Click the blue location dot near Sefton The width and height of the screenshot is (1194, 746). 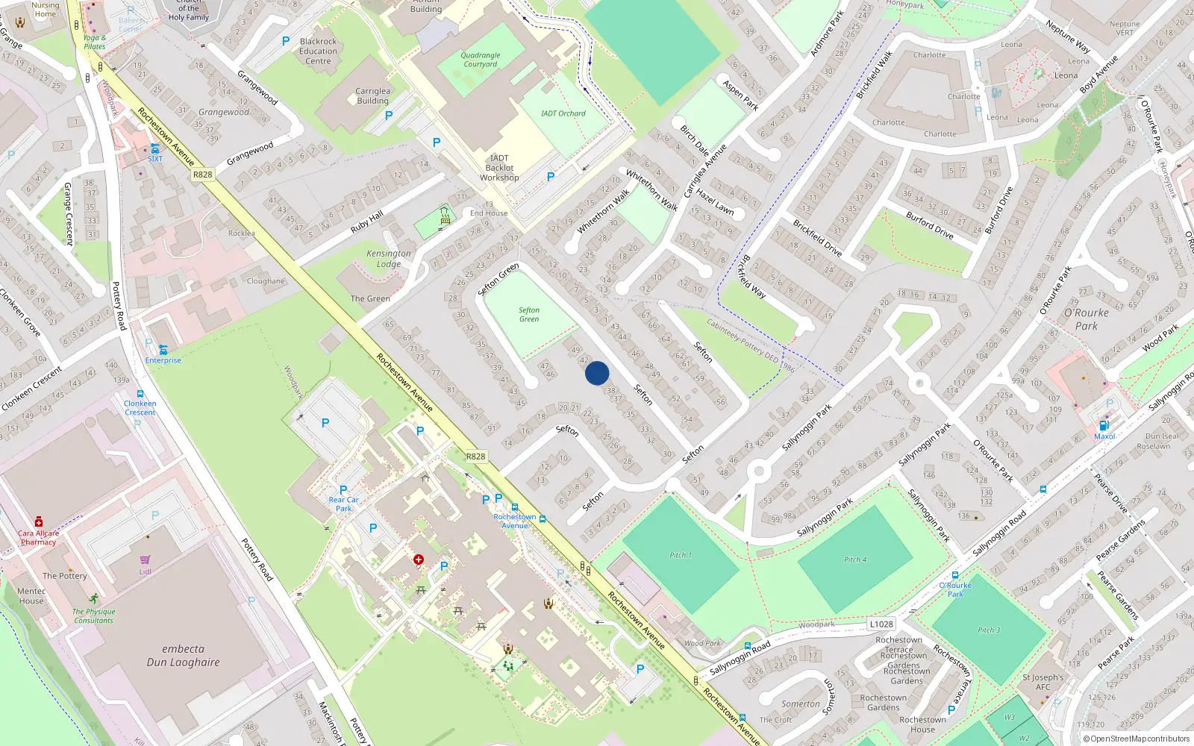[597, 373]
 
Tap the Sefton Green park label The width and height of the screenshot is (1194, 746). [529, 315]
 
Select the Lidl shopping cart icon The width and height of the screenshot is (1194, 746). [146, 559]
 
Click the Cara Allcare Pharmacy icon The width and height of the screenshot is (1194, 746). [39, 522]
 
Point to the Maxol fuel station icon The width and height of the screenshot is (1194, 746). [1104, 426]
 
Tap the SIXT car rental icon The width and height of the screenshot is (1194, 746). [154, 148]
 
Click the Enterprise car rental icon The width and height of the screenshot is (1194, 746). [163, 350]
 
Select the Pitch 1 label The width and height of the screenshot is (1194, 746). [680, 555]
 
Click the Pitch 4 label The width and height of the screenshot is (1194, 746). [855, 559]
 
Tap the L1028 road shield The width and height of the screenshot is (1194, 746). [881, 624]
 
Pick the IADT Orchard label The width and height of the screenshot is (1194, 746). [563, 113]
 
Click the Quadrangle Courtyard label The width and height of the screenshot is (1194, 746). [481, 60]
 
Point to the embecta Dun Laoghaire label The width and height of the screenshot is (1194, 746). [184, 656]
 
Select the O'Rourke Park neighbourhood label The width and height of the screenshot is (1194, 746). [1087, 319]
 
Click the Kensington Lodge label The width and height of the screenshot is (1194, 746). [389, 259]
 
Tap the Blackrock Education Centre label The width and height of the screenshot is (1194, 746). [319, 51]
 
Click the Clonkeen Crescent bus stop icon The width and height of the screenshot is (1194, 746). [140, 394]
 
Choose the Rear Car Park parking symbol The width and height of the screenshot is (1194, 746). [343, 490]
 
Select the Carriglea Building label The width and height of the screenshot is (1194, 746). [372, 96]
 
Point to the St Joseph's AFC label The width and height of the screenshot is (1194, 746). [1043, 682]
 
